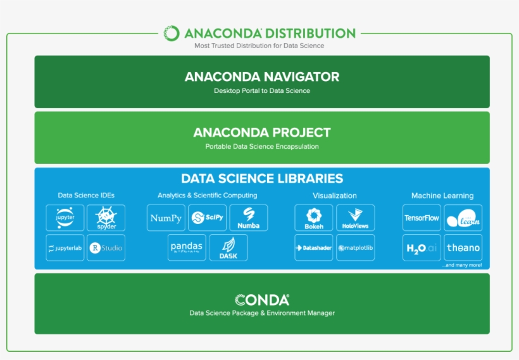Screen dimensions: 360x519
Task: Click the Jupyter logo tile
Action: point(65,218)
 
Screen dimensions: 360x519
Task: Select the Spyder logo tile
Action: point(106,218)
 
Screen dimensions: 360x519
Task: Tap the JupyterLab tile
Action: point(65,247)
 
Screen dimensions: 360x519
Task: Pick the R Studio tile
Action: point(106,247)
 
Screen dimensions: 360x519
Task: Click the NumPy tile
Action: point(166,218)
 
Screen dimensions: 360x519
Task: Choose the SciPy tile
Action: point(207,218)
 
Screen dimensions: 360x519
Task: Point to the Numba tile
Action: point(248,218)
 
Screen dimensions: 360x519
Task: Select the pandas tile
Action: point(187,247)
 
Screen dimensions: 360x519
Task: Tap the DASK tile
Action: point(228,247)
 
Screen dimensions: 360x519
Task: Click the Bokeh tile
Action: point(314,218)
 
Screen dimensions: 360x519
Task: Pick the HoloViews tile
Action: point(355,218)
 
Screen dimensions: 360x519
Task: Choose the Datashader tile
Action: point(314,247)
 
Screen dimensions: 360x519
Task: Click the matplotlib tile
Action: point(355,247)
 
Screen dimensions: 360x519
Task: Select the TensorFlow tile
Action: point(422,218)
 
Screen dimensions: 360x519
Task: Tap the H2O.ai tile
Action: point(422,247)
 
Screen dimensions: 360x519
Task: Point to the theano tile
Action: point(463,247)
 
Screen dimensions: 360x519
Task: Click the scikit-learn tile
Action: point(463,218)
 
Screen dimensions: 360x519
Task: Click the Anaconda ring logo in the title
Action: point(172,33)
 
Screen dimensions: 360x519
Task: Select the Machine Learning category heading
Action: point(442,196)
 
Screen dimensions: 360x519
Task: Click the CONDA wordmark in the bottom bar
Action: point(262,300)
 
